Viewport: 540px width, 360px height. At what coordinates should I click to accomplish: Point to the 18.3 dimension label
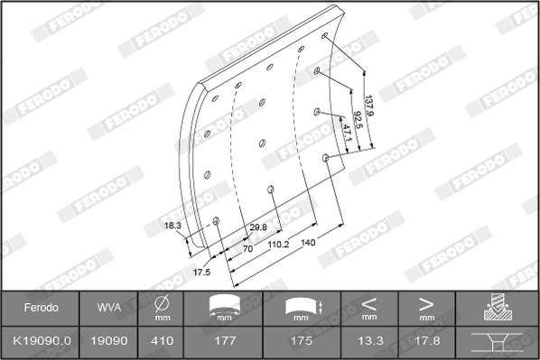click(172, 225)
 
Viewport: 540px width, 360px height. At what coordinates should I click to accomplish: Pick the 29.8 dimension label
click(257, 227)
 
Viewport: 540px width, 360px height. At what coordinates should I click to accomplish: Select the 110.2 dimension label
click(277, 244)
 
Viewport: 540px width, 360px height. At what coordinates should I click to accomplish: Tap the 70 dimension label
click(247, 247)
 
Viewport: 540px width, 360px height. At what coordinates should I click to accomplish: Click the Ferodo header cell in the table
click(41, 307)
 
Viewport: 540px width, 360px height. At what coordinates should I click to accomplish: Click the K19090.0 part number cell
click(41, 342)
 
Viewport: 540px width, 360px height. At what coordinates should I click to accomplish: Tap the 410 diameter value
click(162, 342)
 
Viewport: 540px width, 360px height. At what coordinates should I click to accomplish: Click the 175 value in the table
click(302, 342)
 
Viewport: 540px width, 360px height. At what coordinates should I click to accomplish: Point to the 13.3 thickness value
click(368, 342)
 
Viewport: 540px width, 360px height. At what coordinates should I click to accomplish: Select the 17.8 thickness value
click(426, 342)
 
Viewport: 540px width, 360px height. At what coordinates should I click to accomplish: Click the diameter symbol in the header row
click(162, 303)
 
